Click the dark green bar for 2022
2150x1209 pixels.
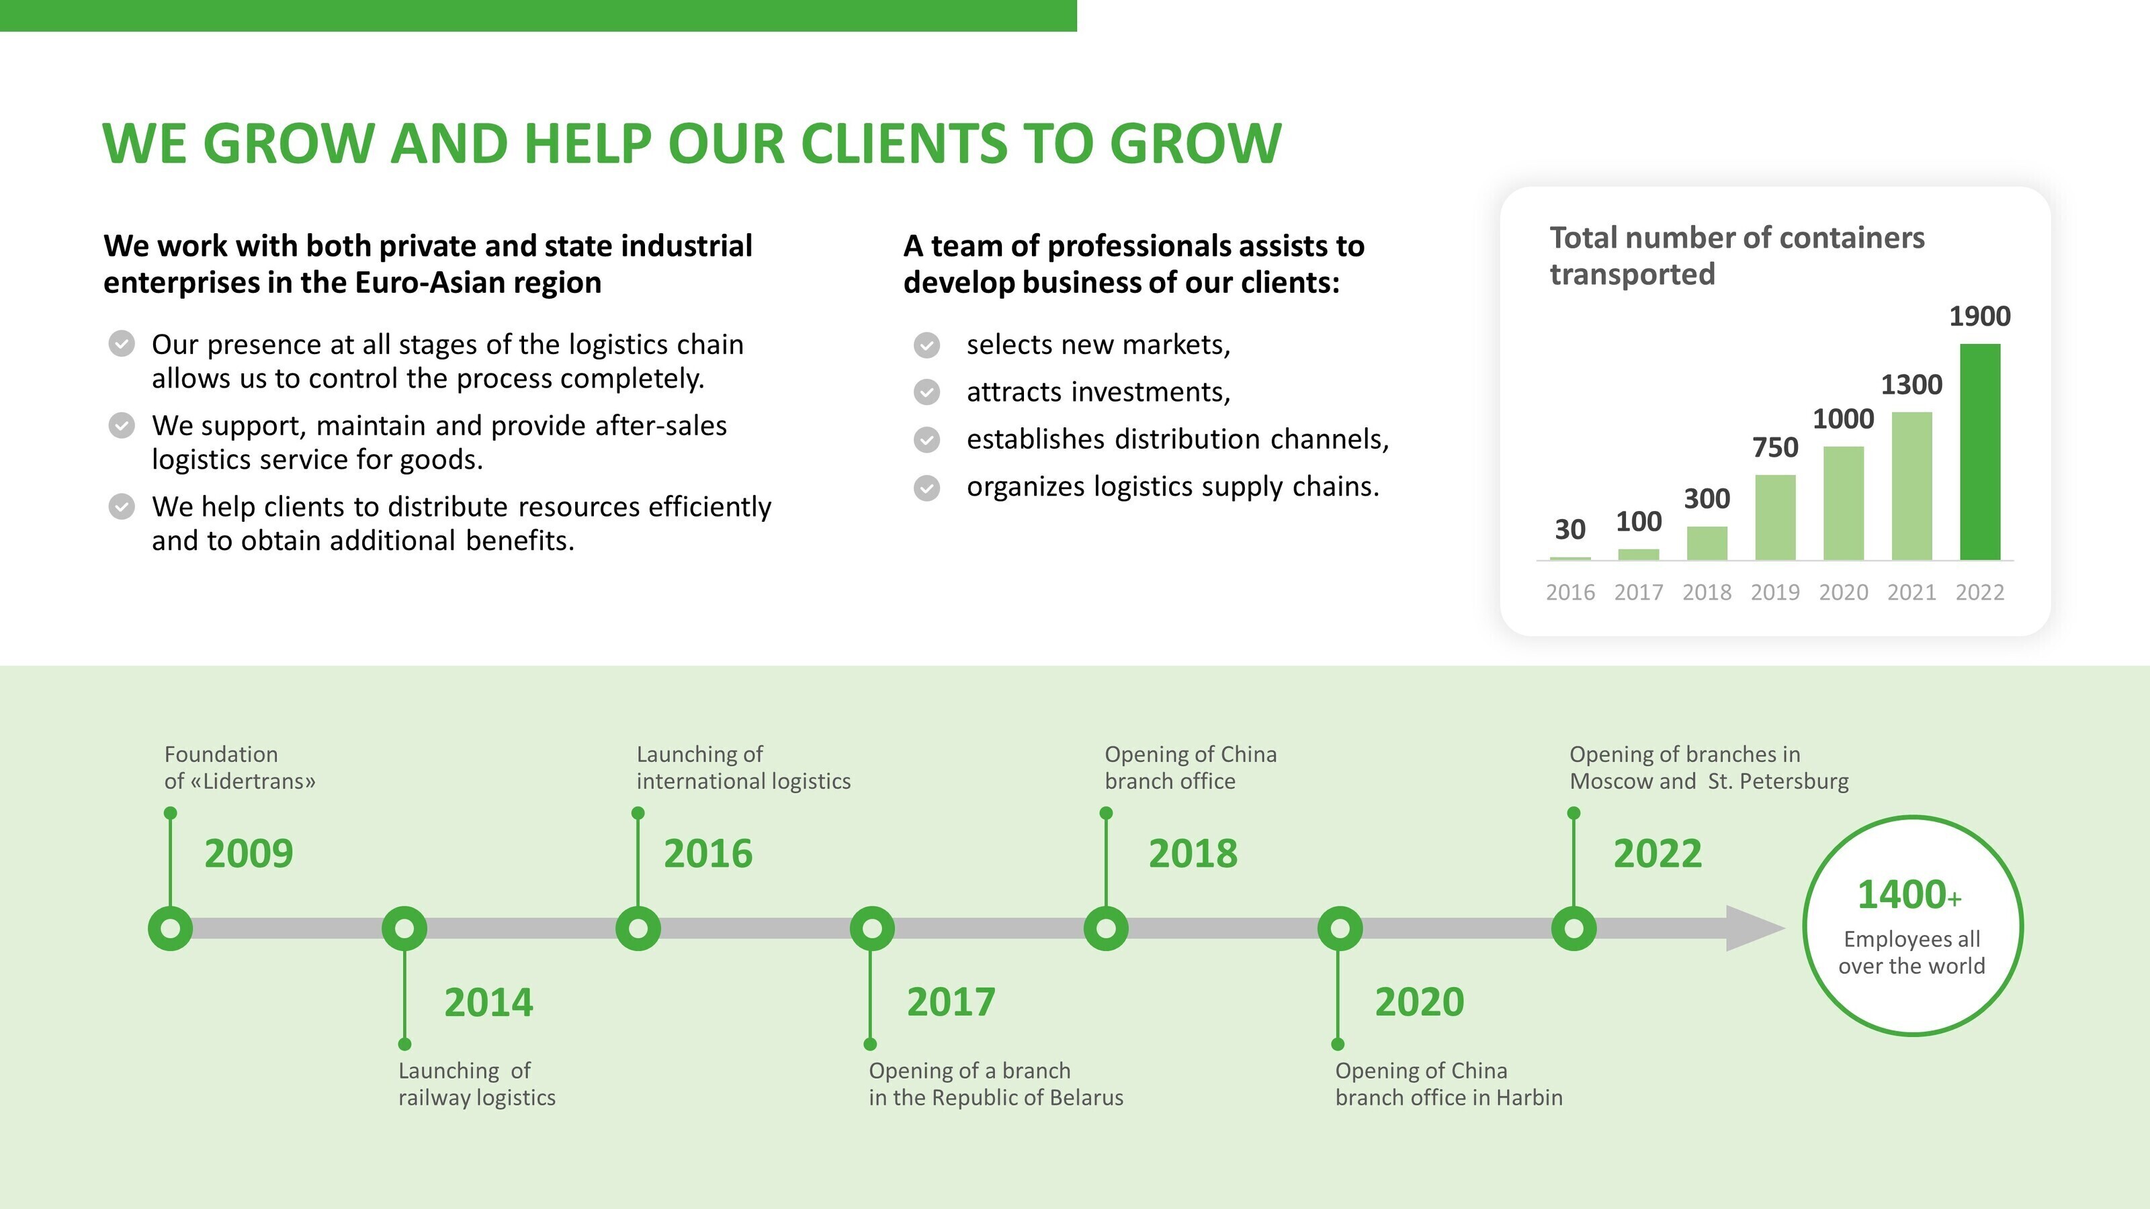click(x=1980, y=451)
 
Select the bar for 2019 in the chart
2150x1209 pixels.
click(x=1775, y=517)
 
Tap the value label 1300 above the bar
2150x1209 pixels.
click(x=1911, y=385)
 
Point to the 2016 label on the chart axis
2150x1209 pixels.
click(x=1570, y=592)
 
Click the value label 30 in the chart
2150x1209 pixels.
click(x=1570, y=529)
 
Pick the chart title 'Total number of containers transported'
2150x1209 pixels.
click(x=1736, y=256)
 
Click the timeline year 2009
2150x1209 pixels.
click(x=249, y=854)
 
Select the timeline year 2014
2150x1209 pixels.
click(x=488, y=1002)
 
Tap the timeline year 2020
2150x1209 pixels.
click(x=1419, y=1002)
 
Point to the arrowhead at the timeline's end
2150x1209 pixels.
click(x=1754, y=928)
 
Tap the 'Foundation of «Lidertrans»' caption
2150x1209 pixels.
click(x=240, y=768)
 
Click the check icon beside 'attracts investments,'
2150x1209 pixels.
click(x=927, y=392)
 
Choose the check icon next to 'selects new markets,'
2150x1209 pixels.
click(x=927, y=345)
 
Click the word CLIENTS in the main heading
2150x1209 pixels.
click(x=904, y=144)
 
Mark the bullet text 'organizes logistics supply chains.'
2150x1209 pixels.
click(x=1172, y=486)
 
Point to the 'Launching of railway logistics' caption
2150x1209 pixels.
click(x=476, y=1084)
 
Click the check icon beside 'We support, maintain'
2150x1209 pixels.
click(x=122, y=426)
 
